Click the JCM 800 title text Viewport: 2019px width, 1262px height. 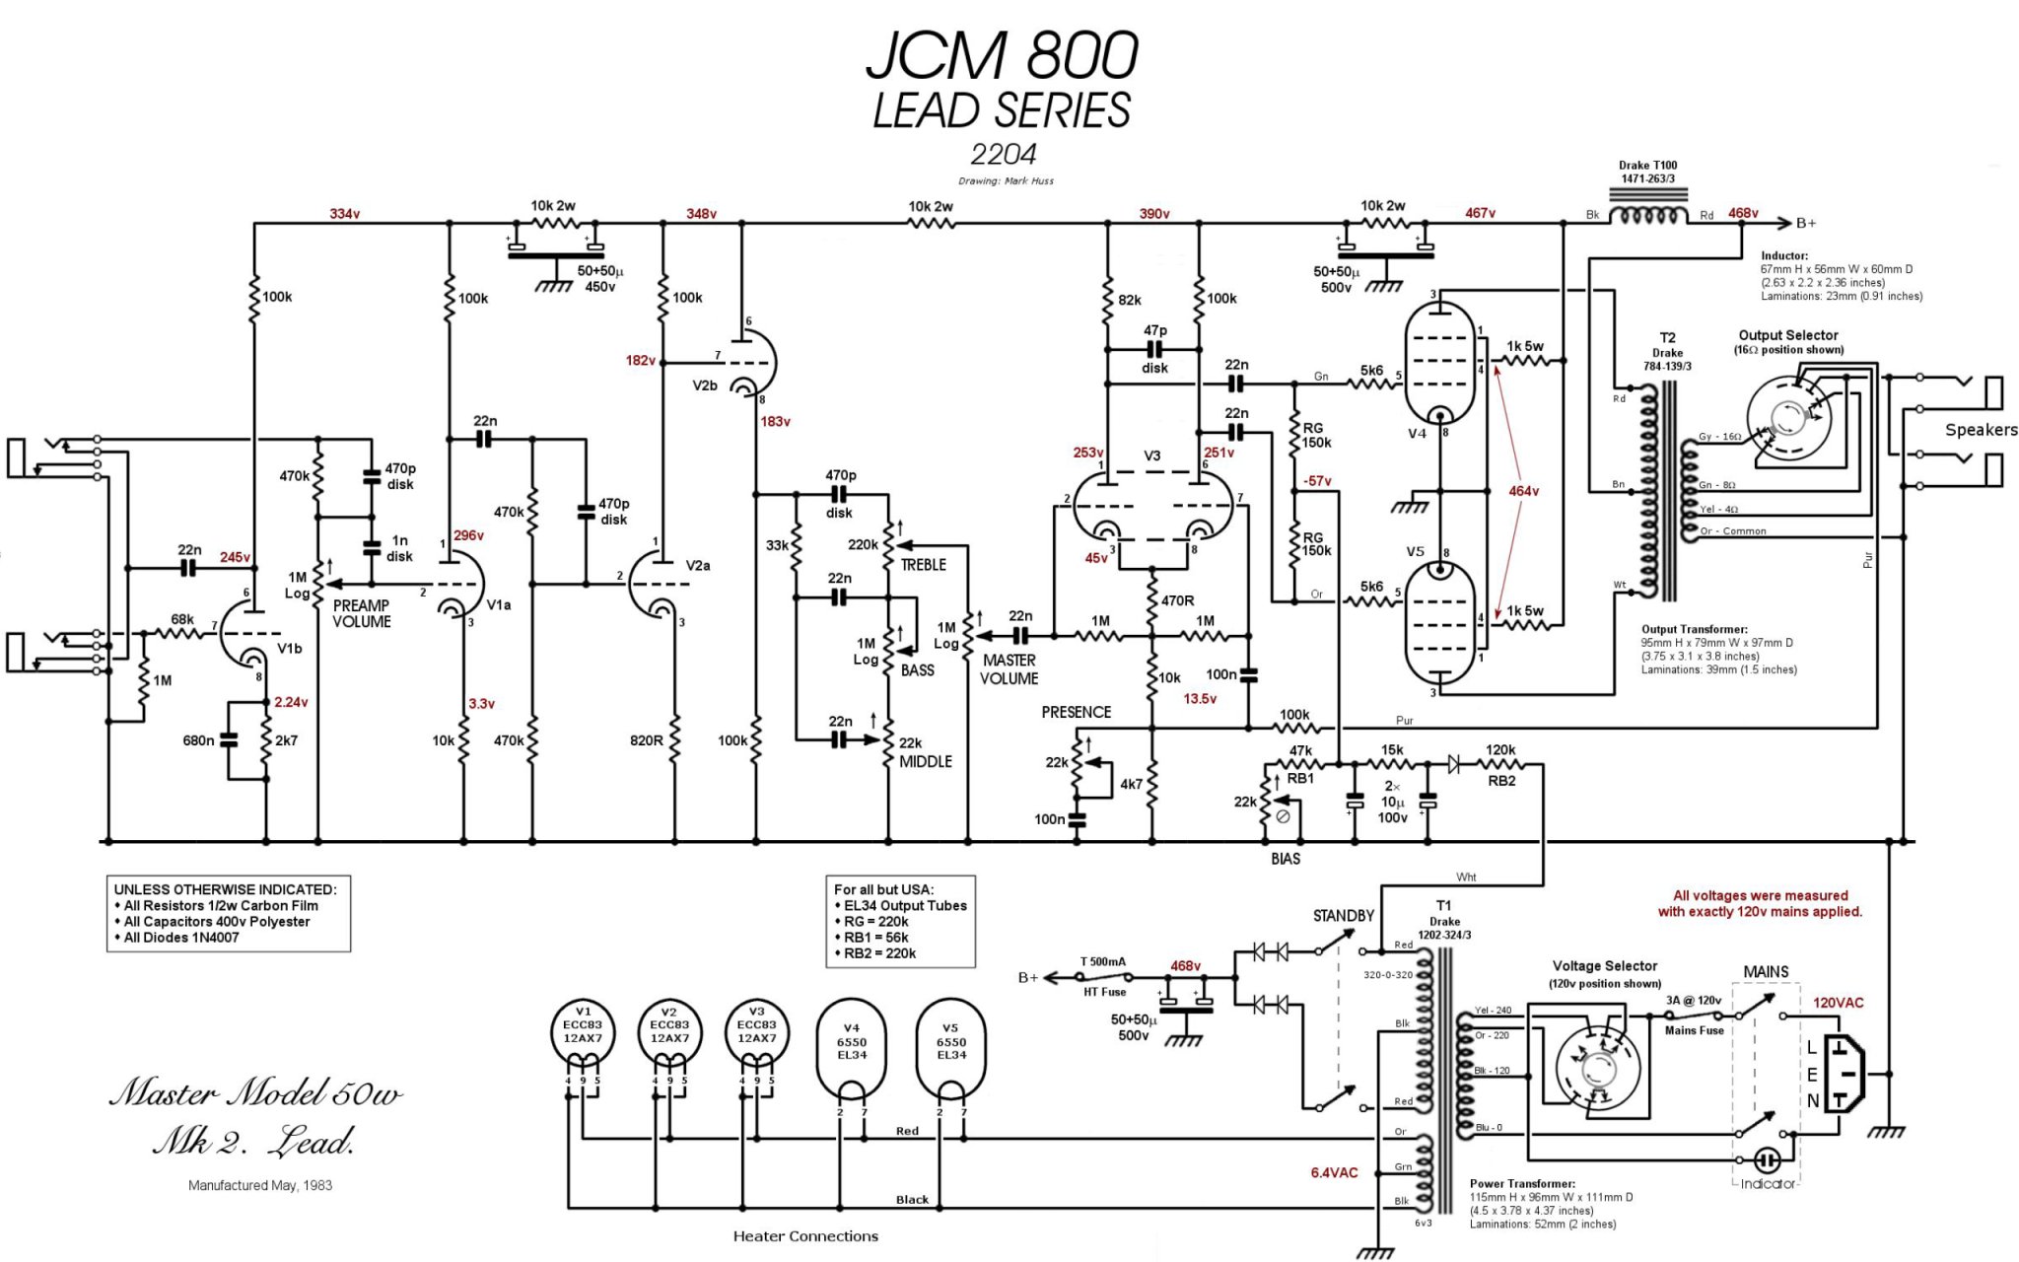coord(1003,55)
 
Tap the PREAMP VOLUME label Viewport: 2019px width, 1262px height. coord(361,613)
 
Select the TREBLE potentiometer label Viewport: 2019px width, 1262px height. coord(923,565)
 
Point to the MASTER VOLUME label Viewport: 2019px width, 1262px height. coord(1009,669)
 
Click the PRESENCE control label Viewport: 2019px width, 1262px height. coord(1076,712)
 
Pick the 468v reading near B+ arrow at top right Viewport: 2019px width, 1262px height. coord(1743,213)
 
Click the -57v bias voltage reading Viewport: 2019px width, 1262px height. coord(1317,481)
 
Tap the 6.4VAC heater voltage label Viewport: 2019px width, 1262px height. coord(1334,1172)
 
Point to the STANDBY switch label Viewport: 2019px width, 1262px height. coord(1343,916)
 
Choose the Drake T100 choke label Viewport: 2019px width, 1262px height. coord(1647,172)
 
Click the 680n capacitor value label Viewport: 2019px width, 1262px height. coord(198,740)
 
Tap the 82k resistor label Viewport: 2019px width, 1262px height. coord(1130,300)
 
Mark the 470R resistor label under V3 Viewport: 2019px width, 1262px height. coord(1177,600)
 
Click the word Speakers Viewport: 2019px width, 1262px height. coord(1981,430)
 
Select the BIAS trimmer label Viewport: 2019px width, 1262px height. coord(1286,859)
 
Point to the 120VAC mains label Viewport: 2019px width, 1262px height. coord(1839,1003)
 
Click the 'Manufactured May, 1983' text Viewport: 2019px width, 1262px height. coord(260,1185)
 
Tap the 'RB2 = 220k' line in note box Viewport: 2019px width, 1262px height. coord(879,953)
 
